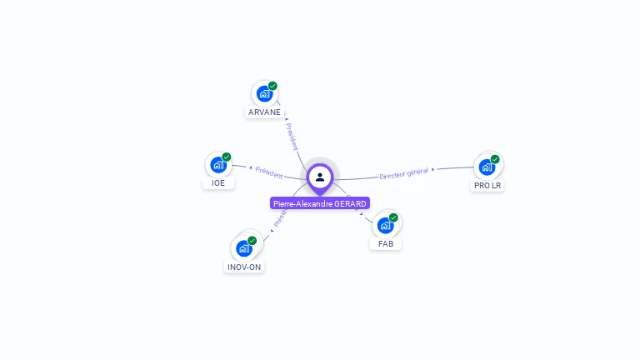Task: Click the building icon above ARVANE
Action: click(x=264, y=93)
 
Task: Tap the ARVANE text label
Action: click(x=264, y=112)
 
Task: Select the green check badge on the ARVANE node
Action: click(x=272, y=86)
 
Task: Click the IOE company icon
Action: click(x=218, y=165)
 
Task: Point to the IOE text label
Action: click(x=218, y=183)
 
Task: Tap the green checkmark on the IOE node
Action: click(x=227, y=157)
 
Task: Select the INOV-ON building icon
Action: click(x=244, y=248)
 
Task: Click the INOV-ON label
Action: click(x=244, y=267)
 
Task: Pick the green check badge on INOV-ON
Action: click(x=252, y=241)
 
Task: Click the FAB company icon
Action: click(x=385, y=225)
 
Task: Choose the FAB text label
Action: click(x=386, y=244)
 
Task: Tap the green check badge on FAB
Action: click(x=393, y=217)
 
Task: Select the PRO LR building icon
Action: click(x=487, y=167)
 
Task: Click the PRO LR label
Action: click(x=487, y=186)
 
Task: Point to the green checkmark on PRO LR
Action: click(x=495, y=159)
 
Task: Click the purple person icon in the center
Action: click(x=320, y=177)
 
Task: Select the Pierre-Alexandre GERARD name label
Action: click(x=320, y=203)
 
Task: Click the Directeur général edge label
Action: click(x=403, y=172)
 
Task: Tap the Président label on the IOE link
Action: click(x=268, y=172)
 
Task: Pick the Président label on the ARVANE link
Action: click(x=292, y=136)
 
